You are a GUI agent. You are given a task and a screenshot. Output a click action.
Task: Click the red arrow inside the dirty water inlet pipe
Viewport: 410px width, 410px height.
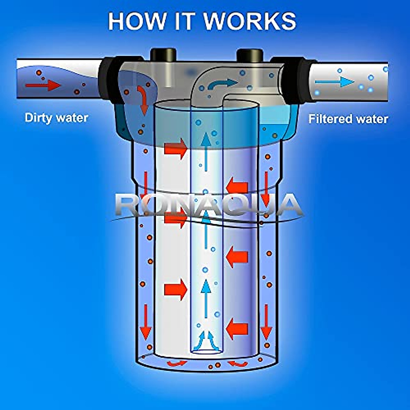point(42,85)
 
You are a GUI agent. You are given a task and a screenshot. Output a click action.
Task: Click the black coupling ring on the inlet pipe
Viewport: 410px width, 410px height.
point(109,80)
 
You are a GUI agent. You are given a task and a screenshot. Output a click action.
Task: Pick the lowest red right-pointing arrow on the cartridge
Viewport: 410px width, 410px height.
point(176,289)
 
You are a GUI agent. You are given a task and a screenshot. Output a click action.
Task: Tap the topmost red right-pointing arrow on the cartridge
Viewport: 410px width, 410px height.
point(176,149)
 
